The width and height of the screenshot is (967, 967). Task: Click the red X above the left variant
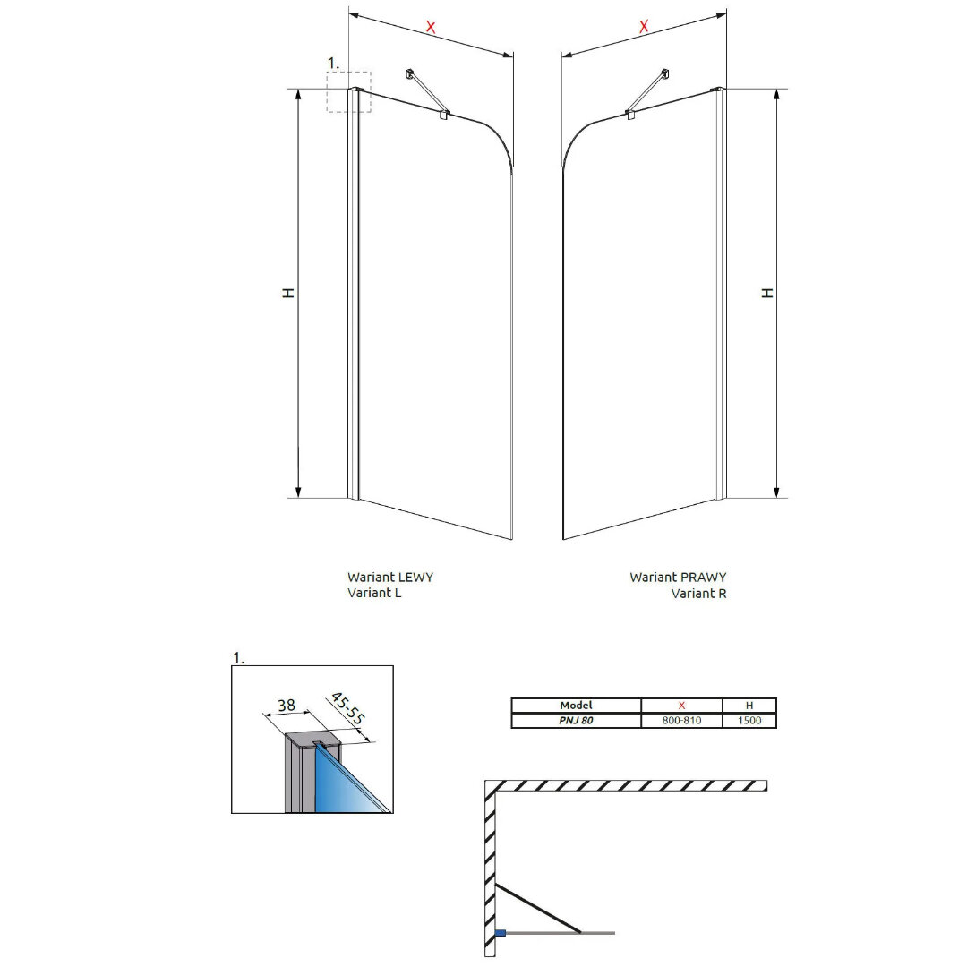pos(431,27)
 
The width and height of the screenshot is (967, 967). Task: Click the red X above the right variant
pos(644,27)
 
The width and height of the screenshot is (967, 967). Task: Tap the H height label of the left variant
pos(288,293)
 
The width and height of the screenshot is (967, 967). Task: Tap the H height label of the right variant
pos(766,293)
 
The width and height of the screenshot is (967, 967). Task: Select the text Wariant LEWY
pos(390,578)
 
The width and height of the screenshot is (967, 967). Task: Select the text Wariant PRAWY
pos(678,578)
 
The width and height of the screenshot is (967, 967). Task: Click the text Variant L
pos(374,593)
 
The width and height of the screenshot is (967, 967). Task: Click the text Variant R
pos(698,594)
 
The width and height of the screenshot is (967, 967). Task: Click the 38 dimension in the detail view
pos(287,705)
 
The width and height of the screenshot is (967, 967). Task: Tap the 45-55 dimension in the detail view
pos(348,708)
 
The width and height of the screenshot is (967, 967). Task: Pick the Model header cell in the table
pos(576,705)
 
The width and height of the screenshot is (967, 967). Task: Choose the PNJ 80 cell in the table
pos(576,720)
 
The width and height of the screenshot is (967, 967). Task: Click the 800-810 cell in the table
pos(681,720)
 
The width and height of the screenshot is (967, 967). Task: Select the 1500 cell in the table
pos(749,720)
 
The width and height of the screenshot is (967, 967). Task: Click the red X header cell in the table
pos(681,705)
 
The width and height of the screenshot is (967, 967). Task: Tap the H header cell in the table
pos(749,705)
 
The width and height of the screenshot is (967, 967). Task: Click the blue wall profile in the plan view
pos(501,933)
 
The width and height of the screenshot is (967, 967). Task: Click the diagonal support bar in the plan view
pos(538,909)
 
